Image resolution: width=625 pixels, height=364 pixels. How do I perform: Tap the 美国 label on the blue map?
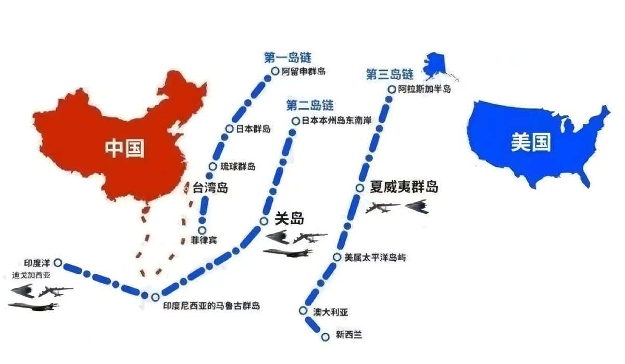click(x=531, y=142)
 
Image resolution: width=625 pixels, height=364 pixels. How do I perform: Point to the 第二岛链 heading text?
click(x=310, y=106)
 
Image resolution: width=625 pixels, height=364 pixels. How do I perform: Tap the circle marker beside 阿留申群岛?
click(x=275, y=71)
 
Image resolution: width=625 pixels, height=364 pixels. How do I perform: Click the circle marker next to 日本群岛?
click(x=229, y=128)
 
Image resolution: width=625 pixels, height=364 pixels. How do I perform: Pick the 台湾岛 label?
click(x=210, y=188)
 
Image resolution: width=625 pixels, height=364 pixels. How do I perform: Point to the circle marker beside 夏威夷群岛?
click(x=359, y=188)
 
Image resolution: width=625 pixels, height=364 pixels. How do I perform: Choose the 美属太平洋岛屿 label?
click(x=376, y=257)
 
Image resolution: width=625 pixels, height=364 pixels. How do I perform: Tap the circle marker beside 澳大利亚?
click(x=303, y=311)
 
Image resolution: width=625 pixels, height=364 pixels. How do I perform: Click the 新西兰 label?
click(x=349, y=335)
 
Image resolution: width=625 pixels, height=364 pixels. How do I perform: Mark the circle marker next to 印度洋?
click(x=57, y=263)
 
